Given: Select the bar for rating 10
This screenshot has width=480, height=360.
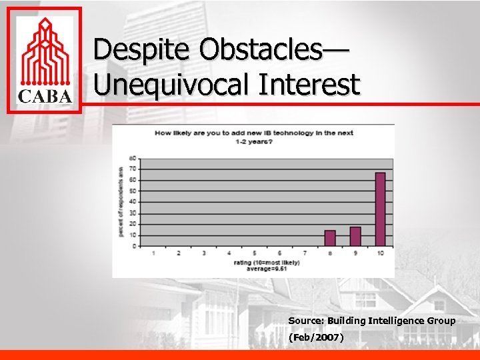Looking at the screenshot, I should [x=380, y=209].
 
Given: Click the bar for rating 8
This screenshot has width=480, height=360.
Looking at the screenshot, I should [x=330, y=238].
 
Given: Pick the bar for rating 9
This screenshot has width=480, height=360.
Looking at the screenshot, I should [x=355, y=237].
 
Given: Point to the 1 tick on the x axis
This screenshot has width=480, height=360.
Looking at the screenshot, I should [x=154, y=253].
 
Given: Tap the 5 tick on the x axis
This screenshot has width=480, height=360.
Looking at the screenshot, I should [x=254, y=253].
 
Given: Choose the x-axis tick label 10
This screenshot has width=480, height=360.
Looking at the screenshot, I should [x=380, y=253].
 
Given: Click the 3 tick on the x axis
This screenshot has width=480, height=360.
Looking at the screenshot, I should [x=204, y=253].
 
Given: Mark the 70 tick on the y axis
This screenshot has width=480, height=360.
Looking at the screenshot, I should [x=134, y=169].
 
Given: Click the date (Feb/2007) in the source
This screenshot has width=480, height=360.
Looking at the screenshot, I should [x=316, y=338].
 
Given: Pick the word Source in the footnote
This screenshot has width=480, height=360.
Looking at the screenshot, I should [x=305, y=321].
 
